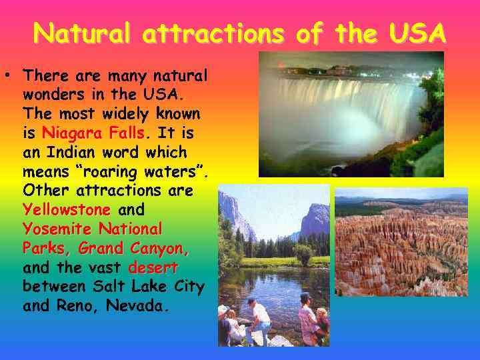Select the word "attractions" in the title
221,32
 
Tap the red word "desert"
153,267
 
